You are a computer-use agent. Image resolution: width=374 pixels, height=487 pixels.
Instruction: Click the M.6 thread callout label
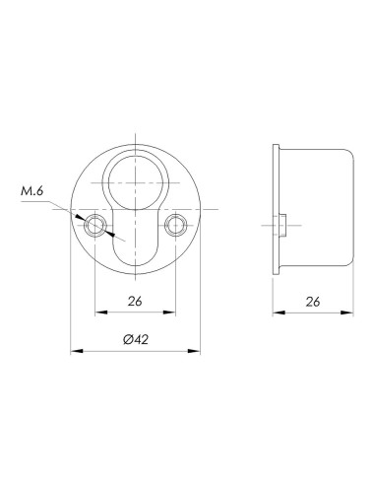point(31,191)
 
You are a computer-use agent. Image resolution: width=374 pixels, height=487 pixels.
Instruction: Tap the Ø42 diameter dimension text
point(136,339)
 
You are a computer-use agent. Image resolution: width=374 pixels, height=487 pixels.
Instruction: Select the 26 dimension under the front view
point(135,301)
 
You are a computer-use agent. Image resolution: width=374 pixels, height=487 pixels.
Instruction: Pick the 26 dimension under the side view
point(313,302)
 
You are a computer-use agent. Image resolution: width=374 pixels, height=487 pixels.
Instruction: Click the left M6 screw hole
point(94,226)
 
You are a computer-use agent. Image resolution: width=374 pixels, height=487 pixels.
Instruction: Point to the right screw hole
point(176,226)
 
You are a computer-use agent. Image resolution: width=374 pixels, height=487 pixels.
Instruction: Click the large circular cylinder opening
point(135,182)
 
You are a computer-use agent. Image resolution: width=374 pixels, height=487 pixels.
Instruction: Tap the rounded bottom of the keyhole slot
point(135,259)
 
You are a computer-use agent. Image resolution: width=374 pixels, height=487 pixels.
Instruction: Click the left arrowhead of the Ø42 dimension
point(76,351)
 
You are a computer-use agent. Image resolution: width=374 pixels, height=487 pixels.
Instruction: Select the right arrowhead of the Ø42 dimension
point(194,351)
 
